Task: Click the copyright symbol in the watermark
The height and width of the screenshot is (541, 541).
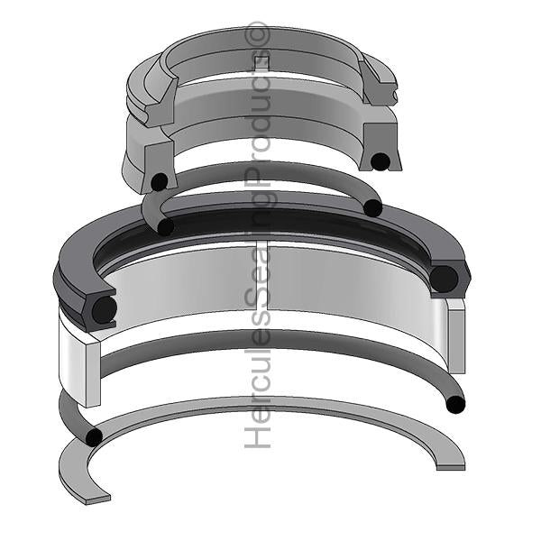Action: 261,35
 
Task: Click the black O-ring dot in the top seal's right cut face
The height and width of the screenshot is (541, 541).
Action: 381,161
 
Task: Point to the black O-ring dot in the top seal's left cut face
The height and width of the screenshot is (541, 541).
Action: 159,180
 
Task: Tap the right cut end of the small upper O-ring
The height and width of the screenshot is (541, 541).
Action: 372,208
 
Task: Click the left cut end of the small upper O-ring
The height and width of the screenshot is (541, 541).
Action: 165,226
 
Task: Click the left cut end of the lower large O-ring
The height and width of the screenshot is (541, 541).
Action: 92,437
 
